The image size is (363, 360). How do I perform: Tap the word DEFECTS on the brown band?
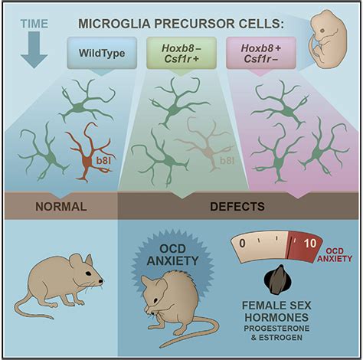point(237,206)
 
